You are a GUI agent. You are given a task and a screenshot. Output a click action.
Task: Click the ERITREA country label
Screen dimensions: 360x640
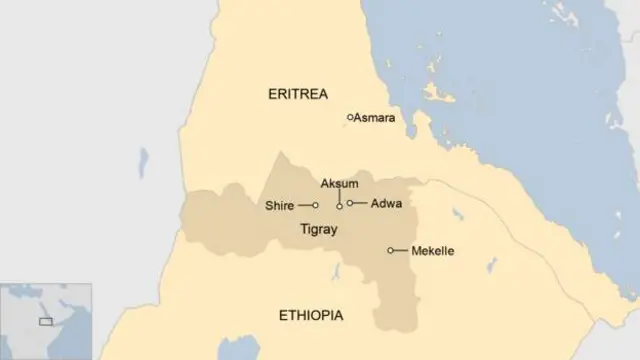[x=299, y=94]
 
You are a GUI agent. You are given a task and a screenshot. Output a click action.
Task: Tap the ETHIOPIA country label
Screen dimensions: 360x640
[x=310, y=316]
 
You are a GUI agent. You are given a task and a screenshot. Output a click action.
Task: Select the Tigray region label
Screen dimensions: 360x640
[x=319, y=230]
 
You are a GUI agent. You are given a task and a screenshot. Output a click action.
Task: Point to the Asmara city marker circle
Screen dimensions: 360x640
[x=350, y=117]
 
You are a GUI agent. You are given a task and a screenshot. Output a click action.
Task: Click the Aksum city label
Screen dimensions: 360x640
[x=339, y=184]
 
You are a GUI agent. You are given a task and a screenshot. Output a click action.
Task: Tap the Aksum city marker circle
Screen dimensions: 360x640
[x=339, y=206]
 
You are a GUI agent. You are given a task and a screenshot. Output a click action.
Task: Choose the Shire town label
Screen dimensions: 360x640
[x=279, y=206]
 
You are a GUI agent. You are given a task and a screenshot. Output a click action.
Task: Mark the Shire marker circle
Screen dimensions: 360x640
[x=315, y=206]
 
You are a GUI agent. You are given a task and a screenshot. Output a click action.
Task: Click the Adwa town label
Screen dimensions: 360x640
[x=386, y=203]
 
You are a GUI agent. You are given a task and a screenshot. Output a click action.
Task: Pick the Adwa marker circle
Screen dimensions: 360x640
[x=350, y=203]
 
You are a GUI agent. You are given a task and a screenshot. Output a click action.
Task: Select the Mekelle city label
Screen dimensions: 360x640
[x=432, y=250]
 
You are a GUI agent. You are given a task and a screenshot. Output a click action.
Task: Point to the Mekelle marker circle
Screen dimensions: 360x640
[x=390, y=250]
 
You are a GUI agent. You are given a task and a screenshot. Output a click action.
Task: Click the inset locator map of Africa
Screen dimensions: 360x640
[x=46, y=320]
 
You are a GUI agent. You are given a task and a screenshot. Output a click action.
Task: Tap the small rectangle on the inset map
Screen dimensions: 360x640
[x=45, y=321]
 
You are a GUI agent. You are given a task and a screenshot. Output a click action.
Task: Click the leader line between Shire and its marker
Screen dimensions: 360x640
[x=304, y=206]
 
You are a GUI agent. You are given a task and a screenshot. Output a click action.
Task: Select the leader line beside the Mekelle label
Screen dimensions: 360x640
[x=400, y=250]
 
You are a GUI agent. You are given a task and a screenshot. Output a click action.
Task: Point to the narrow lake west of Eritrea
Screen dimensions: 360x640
[x=144, y=162]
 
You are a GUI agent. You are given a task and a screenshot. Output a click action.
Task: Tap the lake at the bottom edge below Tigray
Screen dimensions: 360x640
[x=238, y=350]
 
